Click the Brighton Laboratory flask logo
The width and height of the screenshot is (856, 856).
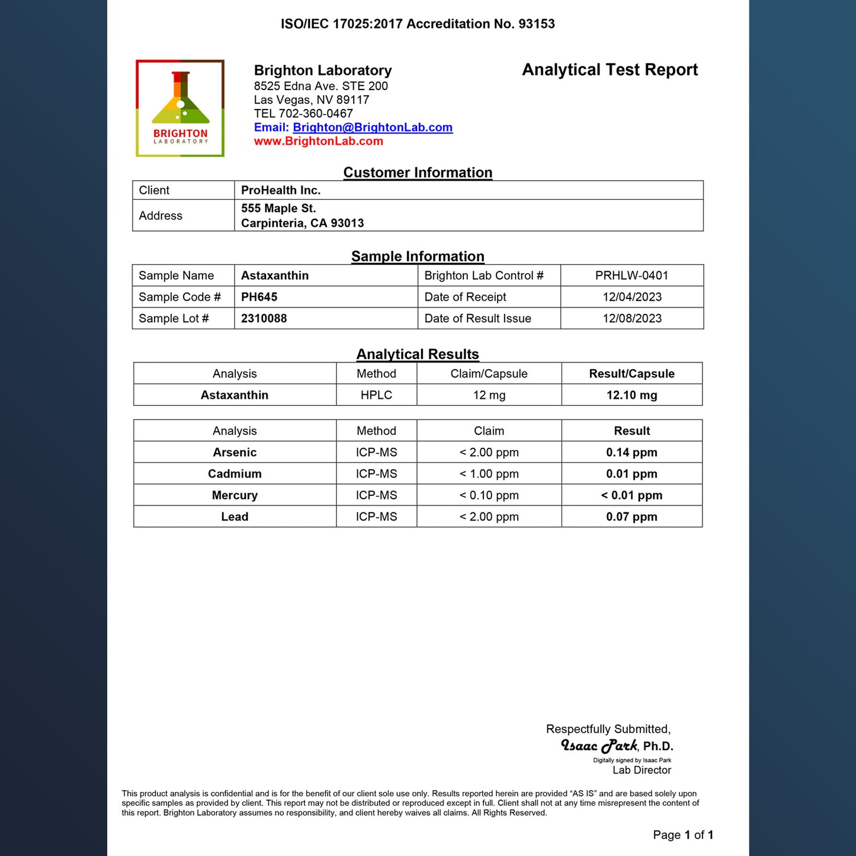pos(180,108)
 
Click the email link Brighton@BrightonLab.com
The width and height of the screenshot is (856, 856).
pos(373,127)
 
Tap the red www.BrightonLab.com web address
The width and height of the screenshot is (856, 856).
pos(319,141)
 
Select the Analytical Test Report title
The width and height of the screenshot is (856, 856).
pos(610,70)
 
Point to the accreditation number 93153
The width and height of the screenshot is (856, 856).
pos(537,24)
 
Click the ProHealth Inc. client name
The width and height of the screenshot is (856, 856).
pos(281,190)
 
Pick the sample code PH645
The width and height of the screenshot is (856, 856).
pos(259,297)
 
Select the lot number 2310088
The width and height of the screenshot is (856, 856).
pos(264,318)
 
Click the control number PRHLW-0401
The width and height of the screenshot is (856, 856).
pos(631,275)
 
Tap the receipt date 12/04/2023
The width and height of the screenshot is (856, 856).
pos(632,297)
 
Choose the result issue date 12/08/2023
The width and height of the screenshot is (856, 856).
pos(632,318)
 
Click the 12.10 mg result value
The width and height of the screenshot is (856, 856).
pos(631,395)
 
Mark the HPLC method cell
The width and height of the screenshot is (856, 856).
pos(376,395)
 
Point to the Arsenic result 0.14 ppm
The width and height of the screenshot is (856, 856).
pos(631,453)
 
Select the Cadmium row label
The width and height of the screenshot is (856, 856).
pos(235,474)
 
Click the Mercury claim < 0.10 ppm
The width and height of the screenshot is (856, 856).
pos(489,495)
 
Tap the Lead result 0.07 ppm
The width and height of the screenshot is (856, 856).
pos(631,517)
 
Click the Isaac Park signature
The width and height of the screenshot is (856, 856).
pos(599,746)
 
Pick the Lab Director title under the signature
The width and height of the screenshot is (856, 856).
pos(642,770)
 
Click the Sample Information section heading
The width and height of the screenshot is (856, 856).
pos(418,257)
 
